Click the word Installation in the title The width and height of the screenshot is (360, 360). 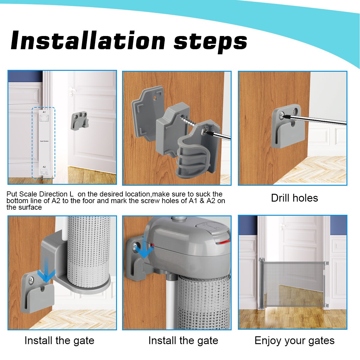(88, 40)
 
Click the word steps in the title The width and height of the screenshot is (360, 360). (210, 42)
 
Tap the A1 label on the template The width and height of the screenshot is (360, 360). (44, 112)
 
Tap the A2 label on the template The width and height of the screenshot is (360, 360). (44, 167)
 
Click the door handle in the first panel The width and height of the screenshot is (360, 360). (72, 90)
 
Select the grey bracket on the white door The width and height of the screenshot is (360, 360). (79, 121)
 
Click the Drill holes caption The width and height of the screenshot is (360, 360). (294, 198)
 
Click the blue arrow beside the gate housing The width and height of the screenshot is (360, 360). (144, 246)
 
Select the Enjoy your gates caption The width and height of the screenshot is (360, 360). (294, 340)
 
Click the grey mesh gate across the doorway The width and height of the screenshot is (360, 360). (292, 284)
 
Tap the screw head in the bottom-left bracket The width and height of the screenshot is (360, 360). (31, 280)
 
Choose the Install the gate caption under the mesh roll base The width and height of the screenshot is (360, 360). (59, 340)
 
